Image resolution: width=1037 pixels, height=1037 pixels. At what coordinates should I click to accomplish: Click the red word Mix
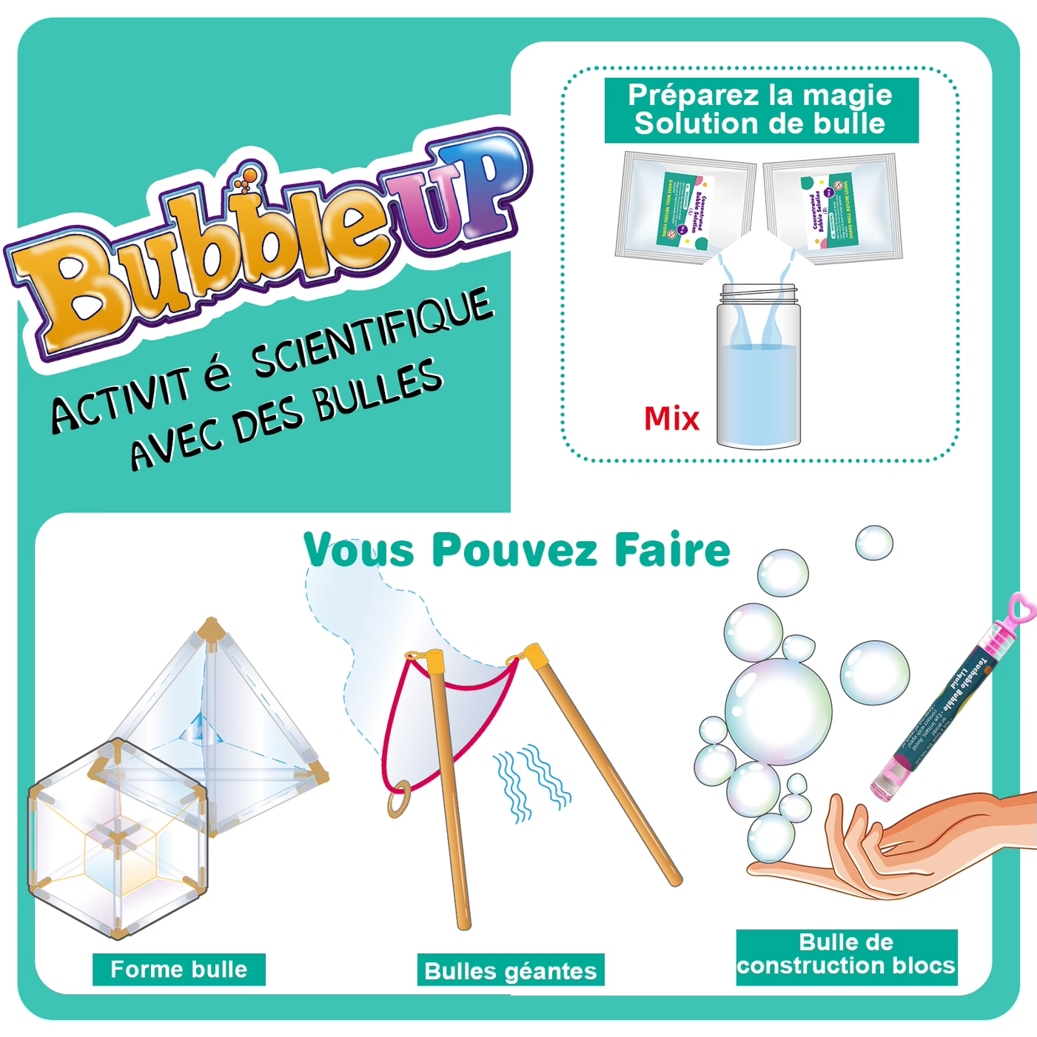point(671,419)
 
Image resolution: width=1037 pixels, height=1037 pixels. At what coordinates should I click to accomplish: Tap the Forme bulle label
point(178,970)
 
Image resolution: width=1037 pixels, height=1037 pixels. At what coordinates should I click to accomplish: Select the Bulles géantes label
point(511,971)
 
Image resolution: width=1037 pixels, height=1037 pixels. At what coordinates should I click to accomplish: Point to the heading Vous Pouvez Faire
point(517,551)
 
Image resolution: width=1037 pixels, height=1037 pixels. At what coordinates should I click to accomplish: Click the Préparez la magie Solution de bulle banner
point(760,110)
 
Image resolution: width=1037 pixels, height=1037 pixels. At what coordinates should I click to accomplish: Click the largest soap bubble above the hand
point(777,711)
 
